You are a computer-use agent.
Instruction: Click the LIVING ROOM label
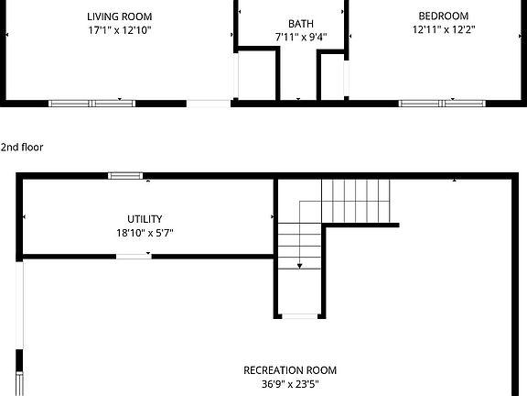(x=119, y=16)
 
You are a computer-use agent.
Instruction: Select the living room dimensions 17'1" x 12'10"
(x=119, y=29)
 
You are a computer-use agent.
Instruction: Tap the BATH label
(x=298, y=24)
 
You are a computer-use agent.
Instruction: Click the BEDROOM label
(x=443, y=16)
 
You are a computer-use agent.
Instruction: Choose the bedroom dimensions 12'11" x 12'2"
(x=443, y=29)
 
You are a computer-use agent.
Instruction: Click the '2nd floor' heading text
(x=22, y=147)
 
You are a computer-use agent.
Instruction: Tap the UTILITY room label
(x=145, y=219)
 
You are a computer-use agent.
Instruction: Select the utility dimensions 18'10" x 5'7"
(x=145, y=233)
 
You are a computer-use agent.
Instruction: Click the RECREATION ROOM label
(x=289, y=370)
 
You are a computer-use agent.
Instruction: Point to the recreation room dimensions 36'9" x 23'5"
(x=289, y=384)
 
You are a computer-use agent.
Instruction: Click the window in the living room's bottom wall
(x=91, y=103)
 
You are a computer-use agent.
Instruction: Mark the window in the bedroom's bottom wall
(x=443, y=103)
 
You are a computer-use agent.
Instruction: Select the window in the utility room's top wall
(x=125, y=175)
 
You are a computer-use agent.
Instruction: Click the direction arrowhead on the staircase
(x=300, y=266)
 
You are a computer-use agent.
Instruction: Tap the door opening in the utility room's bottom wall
(x=134, y=257)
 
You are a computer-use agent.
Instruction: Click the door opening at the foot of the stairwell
(x=299, y=316)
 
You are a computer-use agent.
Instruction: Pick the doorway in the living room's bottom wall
(x=209, y=104)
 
